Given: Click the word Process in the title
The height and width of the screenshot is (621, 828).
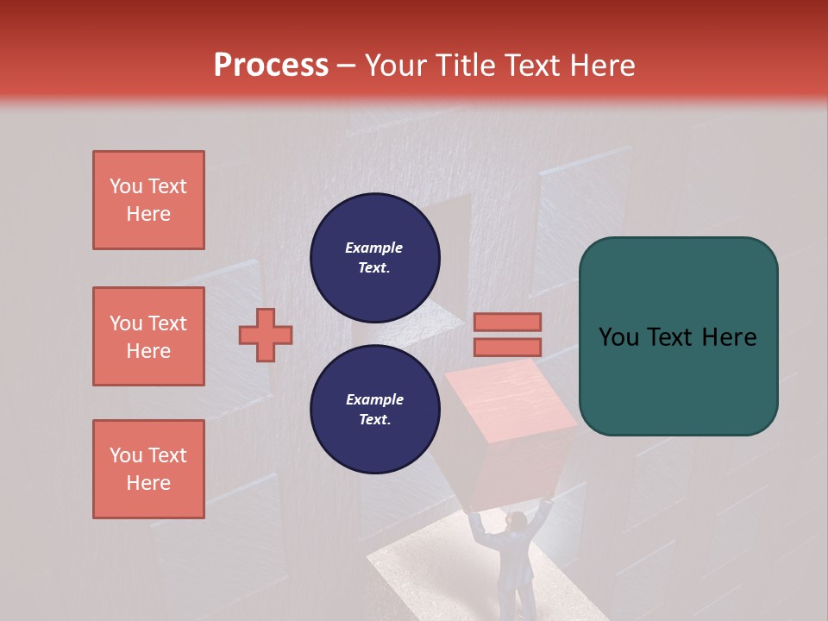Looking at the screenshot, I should click(x=271, y=66).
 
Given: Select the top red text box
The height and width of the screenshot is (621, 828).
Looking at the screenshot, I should click(x=148, y=200).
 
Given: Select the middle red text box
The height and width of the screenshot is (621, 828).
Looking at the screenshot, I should click(x=148, y=336).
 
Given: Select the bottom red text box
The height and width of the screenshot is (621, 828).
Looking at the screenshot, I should click(x=148, y=469).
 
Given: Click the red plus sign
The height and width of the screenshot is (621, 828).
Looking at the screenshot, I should click(x=266, y=335).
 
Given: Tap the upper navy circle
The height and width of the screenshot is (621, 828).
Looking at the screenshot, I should click(x=374, y=258).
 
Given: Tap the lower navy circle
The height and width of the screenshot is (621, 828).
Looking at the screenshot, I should click(x=374, y=409).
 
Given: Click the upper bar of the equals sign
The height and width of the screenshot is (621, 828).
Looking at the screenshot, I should click(x=507, y=322).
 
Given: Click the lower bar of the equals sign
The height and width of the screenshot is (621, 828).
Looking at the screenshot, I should click(x=507, y=347).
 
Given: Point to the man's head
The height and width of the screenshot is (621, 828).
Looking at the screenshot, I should click(x=516, y=521).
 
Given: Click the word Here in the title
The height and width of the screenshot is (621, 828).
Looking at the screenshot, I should click(x=601, y=66).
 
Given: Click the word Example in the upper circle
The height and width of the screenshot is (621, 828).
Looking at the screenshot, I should click(x=374, y=248).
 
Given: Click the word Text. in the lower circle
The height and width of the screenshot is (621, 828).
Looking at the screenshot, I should click(x=374, y=419).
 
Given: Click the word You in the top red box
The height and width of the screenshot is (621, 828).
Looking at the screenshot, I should click(x=125, y=186).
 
